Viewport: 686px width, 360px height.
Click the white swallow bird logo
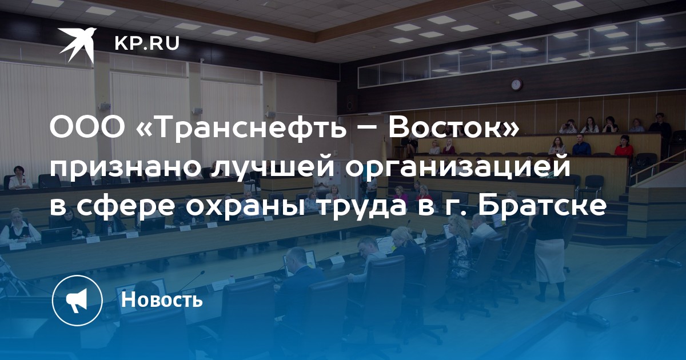tap(78, 45)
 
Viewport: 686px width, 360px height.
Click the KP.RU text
tap(147, 43)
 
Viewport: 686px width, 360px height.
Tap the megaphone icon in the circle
tap(77, 300)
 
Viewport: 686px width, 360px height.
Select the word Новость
tap(162, 299)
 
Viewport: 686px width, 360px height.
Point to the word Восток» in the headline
tap(453, 126)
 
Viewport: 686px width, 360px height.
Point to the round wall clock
tap(517, 84)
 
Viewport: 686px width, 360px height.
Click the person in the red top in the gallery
tap(624, 146)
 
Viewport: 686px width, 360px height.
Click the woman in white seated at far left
tap(20, 178)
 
